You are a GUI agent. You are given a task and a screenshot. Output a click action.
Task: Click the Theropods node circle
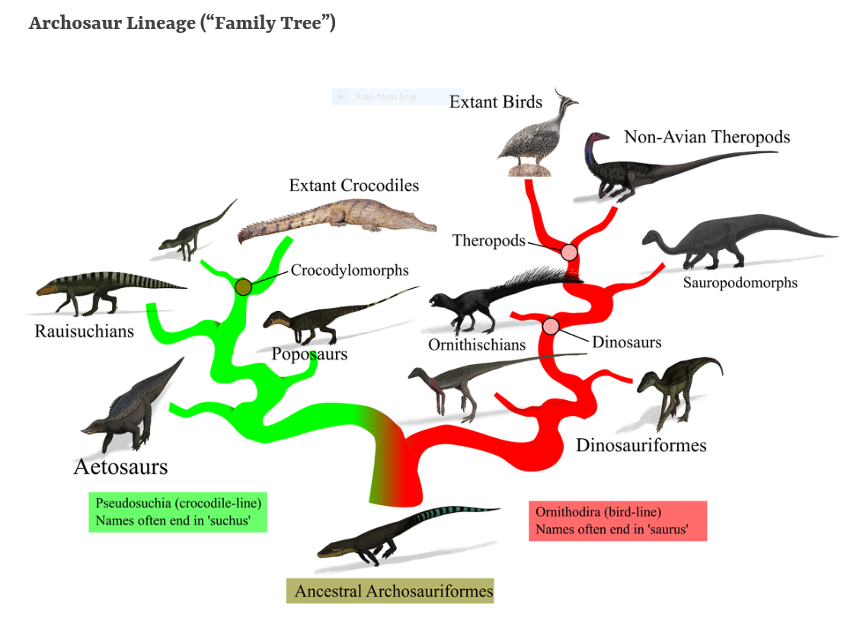click(x=569, y=252)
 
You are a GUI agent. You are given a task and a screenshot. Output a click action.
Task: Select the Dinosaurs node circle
click(x=551, y=326)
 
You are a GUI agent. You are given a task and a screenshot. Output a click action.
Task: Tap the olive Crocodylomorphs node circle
click(x=243, y=286)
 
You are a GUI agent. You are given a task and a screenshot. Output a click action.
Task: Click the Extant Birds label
click(x=495, y=102)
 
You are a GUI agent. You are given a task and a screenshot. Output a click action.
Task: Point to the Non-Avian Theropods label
click(x=707, y=137)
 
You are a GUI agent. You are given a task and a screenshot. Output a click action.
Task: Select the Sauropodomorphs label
click(x=740, y=283)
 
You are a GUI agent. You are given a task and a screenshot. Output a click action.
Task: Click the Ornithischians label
click(x=477, y=345)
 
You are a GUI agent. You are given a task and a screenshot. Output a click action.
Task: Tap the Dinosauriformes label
click(x=641, y=445)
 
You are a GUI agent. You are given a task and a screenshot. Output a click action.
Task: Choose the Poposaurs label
click(x=309, y=354)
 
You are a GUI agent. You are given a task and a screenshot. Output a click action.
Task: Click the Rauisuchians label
click(x=85, y=331)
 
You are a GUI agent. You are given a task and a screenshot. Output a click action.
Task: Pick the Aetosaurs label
click(x=120, y=466)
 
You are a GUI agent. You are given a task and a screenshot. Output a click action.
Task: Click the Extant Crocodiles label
click(x=353, y=186)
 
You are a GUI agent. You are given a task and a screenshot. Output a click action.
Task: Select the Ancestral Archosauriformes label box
click(x=390, y=591)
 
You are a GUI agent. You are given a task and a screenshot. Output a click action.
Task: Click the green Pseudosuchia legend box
click(x=178, y=513)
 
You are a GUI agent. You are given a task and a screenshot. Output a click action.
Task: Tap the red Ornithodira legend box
click(x=618, y=521)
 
